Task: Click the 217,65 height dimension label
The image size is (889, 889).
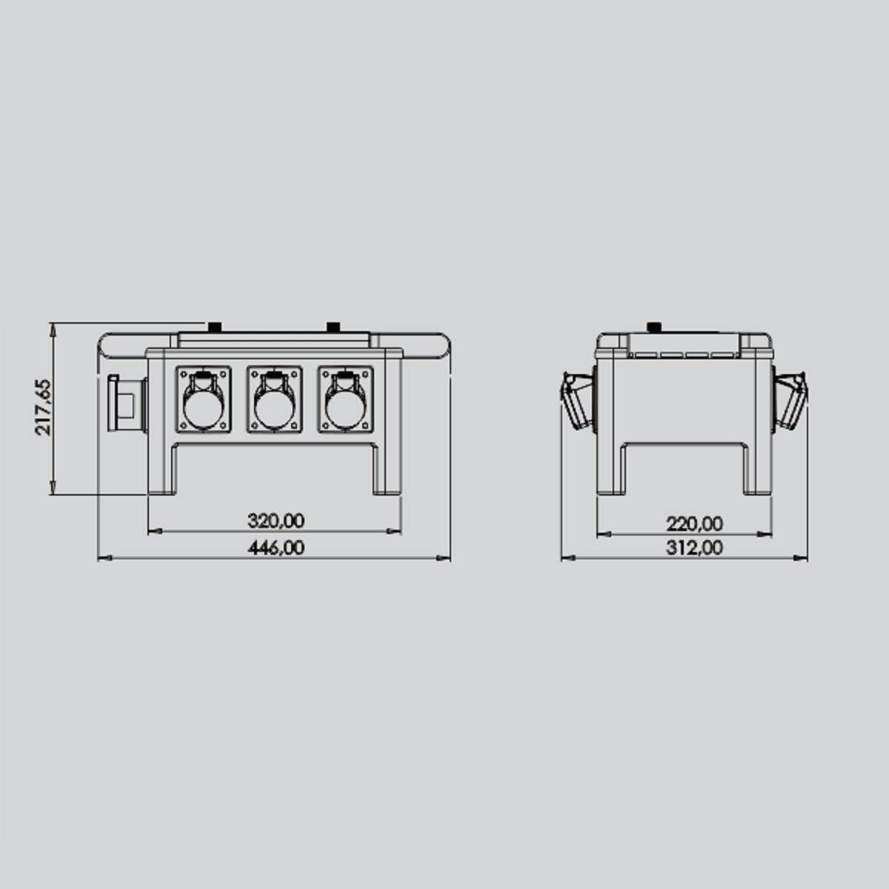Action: [x=43, y=407]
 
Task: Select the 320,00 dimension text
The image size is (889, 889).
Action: [x=276, y=521]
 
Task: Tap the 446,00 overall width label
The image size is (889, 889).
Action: [x=276, y=547]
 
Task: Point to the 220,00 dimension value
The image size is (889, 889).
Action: [x=694, y=524]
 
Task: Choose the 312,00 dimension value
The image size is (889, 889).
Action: [x=694, y=547]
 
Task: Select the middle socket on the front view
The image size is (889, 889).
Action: [x=275, y=400]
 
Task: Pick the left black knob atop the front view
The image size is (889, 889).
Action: [x=216, y=326]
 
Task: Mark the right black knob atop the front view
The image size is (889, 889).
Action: [x=333, y=326]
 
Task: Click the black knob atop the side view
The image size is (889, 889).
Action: [x=654, y=327]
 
